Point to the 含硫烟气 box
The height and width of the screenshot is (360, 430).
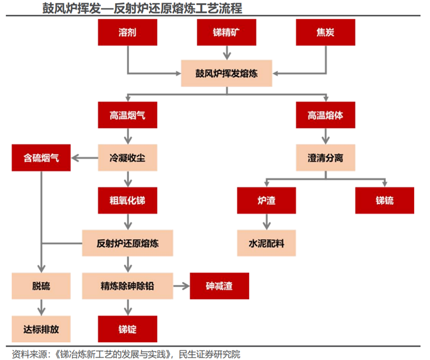[41, 157]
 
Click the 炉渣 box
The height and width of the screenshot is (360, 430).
[266, 201]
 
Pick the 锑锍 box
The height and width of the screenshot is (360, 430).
[385, 201]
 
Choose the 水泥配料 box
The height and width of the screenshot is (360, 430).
[266, 243]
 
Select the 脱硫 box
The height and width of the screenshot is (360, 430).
[41, 286]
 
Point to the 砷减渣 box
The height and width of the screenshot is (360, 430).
[219, 286]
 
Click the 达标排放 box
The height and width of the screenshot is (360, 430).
[41, 329]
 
